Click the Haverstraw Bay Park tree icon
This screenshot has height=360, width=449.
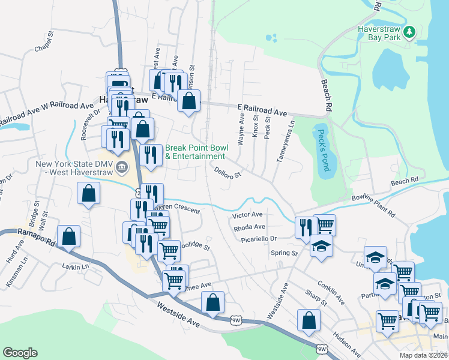click(410, 32)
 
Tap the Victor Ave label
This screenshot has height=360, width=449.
click(248, 214)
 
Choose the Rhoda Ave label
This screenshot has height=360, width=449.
click(250, 227)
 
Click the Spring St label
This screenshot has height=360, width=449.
click(284, 253)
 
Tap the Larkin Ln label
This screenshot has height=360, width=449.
click(75, 265)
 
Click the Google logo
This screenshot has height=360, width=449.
click(20, 353)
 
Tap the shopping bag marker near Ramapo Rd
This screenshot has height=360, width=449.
click(69, 236)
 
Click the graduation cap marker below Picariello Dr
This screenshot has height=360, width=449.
click(321, 246)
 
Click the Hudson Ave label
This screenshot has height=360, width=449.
click(348, 344)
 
